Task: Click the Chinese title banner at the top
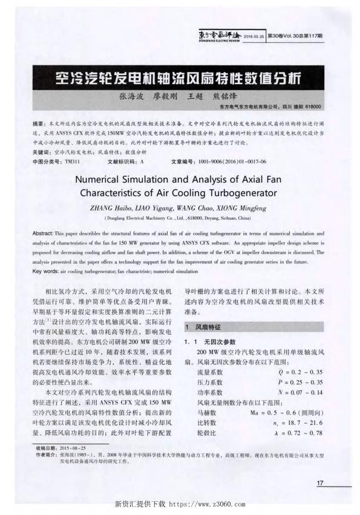(x=179, y=77)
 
